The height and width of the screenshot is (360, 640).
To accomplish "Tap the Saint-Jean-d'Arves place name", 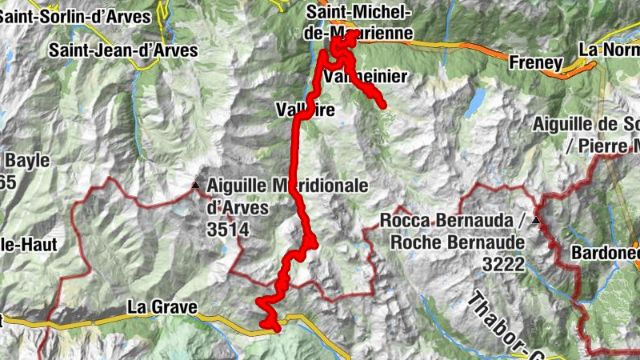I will tap(122, 50).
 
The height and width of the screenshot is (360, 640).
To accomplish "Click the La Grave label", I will tap(161, 307).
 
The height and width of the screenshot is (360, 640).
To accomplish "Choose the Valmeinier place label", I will tap(366, 77).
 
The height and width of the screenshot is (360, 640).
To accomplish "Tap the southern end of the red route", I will tap(277, 327).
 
